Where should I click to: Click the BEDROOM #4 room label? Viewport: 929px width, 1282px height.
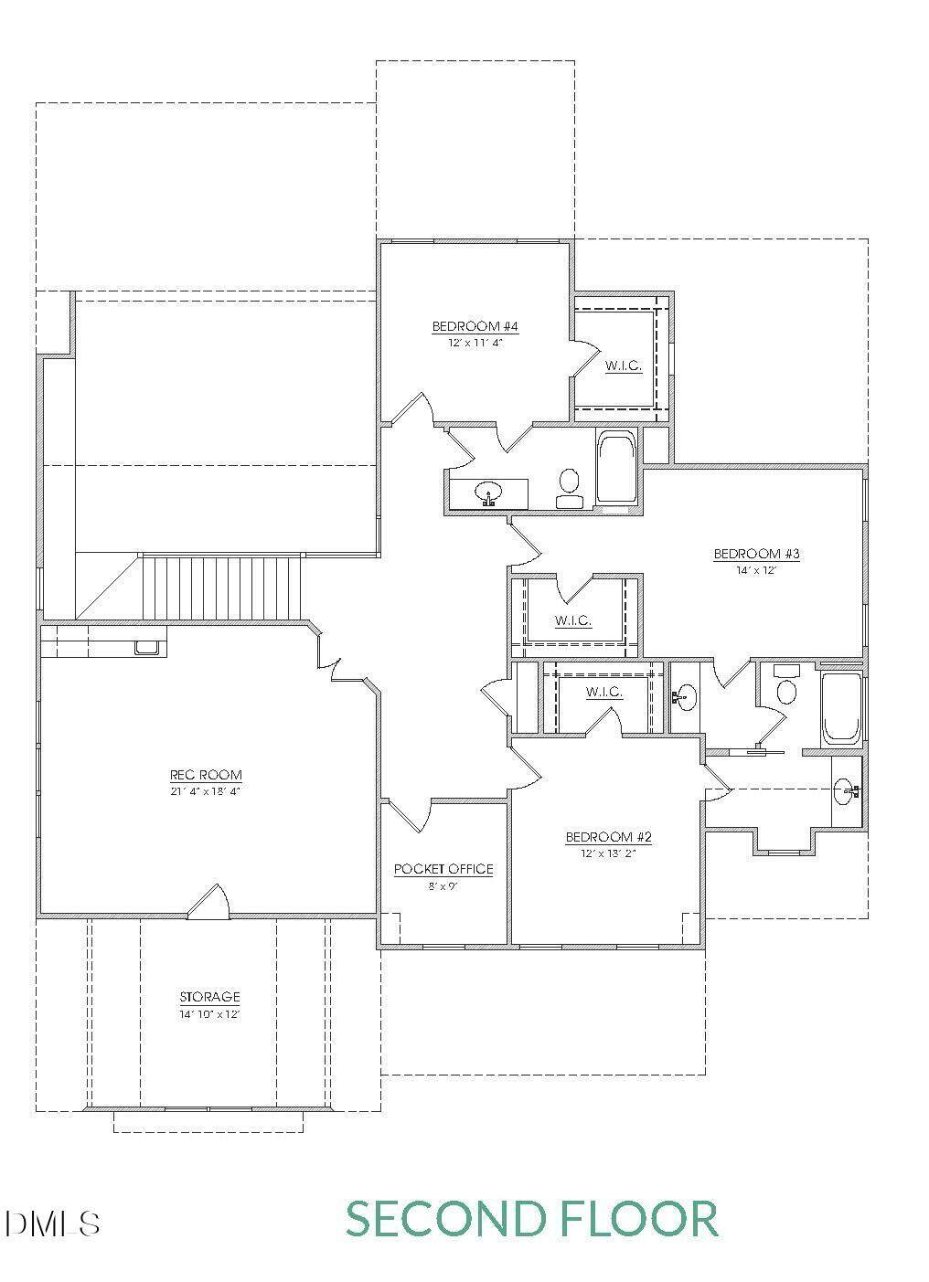tap(475, 327)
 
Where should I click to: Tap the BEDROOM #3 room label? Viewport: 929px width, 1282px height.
tap(756, 554)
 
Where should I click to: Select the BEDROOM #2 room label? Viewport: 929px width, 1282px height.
tap(608, 837)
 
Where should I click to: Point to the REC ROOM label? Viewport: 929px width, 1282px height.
tap(206, 775)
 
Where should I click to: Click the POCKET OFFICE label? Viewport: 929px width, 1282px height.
tap(443, 869)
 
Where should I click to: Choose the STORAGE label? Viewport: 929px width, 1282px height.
tap(209, 997)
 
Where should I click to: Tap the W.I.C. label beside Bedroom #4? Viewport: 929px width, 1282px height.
tap(624, 366)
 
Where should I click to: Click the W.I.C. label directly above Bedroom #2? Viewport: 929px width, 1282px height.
tap(603, 692)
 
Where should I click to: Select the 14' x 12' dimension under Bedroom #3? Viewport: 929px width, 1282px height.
tap(756, 570)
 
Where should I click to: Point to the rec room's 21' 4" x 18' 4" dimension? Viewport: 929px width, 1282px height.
tap(205, 791)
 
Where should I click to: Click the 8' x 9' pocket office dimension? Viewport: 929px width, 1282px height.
tap(443, 886)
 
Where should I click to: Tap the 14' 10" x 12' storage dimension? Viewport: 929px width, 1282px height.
tap(209, 1014)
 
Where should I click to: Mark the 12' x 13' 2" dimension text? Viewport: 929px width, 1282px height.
tap(608, 853)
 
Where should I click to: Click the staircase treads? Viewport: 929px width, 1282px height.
tap(222, 588)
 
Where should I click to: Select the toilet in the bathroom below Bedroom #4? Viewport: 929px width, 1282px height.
tap(570, 489)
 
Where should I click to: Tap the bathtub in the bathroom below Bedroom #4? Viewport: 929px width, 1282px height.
tap(616, 469)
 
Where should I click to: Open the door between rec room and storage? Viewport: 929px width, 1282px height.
tap(209, 902)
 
